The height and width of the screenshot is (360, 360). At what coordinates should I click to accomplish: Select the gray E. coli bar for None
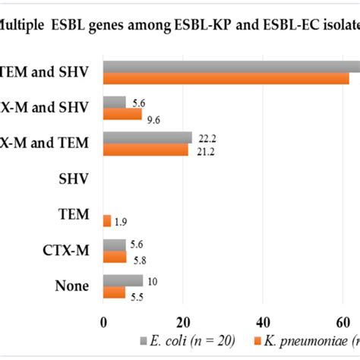[x=123, y=280]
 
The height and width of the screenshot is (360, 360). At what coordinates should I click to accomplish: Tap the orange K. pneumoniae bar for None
[x=114, y=292]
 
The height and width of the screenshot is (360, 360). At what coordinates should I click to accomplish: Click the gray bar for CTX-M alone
[x=114, y=245]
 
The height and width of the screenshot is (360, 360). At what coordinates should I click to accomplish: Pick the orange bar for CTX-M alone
[x=115, y=257]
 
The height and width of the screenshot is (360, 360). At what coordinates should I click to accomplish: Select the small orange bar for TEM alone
[x=107, y=220]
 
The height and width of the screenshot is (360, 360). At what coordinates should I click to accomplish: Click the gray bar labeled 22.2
[x=147, y=137]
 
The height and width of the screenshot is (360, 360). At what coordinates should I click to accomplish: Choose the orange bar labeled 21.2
[x=145, y=149]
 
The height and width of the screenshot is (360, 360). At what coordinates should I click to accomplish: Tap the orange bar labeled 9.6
[x=122, y=114]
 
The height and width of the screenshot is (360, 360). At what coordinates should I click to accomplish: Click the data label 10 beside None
[x=153, y=279]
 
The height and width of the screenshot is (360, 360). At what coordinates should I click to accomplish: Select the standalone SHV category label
[x=74, y=178]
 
